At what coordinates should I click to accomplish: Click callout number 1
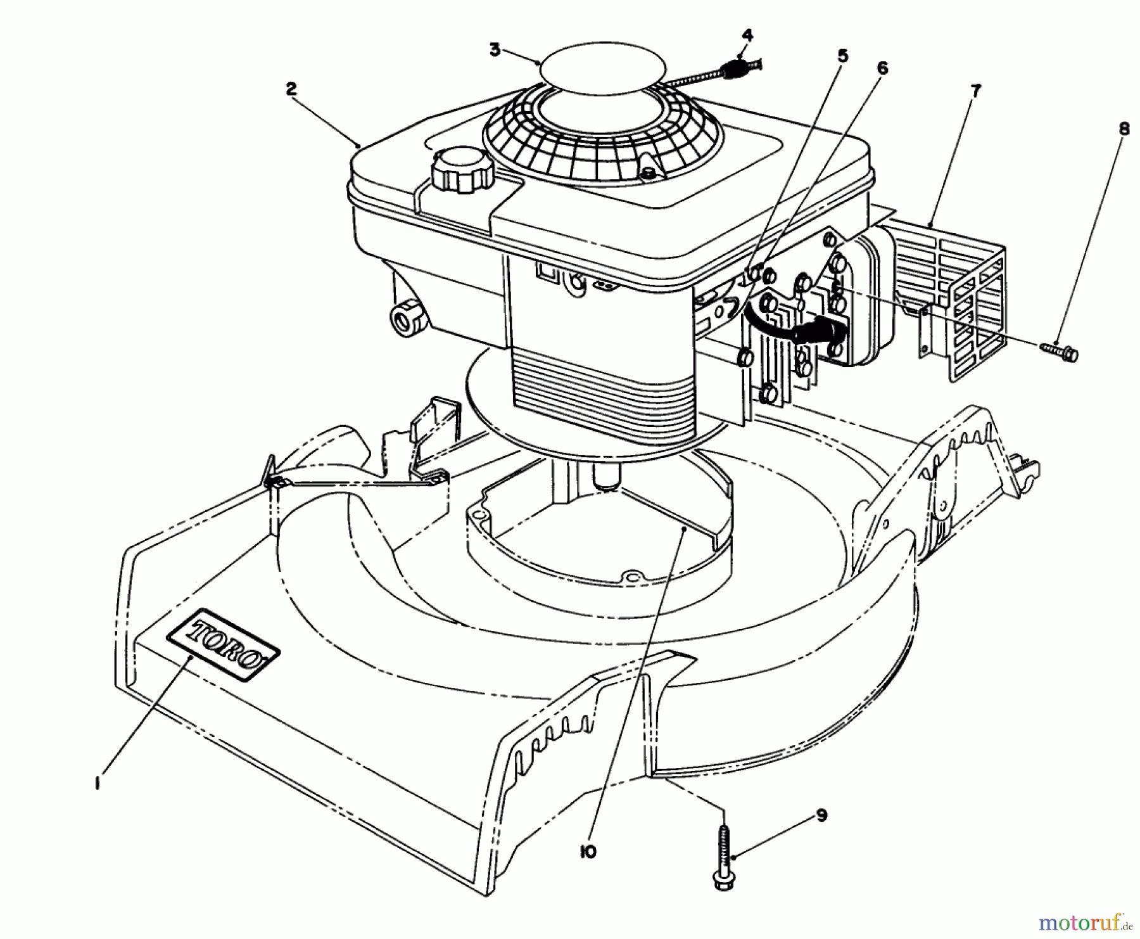[x=97, y=784]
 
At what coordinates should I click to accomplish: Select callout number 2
[x=291, y=89]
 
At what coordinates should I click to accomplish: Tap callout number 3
[x=495, y=49]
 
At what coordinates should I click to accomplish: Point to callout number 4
[x=747, y=35]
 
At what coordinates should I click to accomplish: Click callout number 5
[x=842, y=56]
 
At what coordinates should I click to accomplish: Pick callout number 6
[x=882, y=68]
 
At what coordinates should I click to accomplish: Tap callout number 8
[x=1124, y=129]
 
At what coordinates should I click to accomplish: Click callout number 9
[x=821, y=815]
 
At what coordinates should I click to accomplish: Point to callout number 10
[x=588, y=852]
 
